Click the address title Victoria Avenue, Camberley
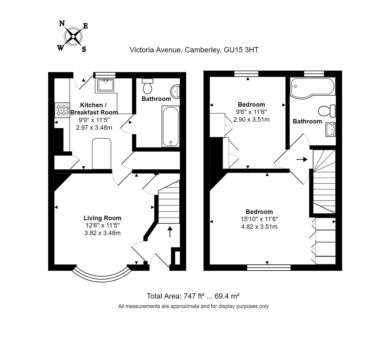point(194,50)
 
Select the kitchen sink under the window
point(106,85)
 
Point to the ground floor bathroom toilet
point(147,86)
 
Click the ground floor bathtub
point(171,126)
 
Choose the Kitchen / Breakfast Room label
point(94,109)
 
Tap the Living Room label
point(102,218)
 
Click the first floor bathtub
point(312,88)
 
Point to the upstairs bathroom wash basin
point(330,129)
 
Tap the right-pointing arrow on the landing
point(302,160)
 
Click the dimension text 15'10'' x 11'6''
point(259,219)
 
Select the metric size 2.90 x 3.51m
point(251,119)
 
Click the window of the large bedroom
point(269,268)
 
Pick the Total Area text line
point(193,296)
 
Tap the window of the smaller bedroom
point(246,74)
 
